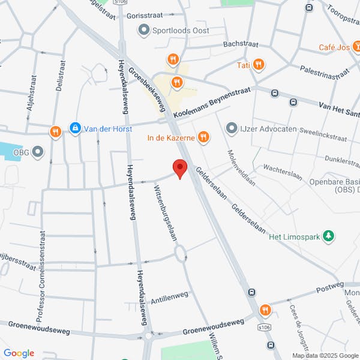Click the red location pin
pyautogui.click(x=179, y=168)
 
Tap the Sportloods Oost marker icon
pyautogui.click(x=143, y=29)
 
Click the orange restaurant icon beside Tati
pyautogui.click(x=259, y=65)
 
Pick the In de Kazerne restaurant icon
pyautogui.click(x=203, y=137)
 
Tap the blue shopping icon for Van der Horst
pyautogui.click(x=75, y=128)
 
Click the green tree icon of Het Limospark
pyautogui.click(x=328, y=236)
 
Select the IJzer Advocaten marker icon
pyautogui.click(x=232, y=128)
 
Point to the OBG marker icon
pyautogui.click(x=38, y=152)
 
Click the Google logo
pyautogui.click(x=19, y=353)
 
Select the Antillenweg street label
pyautogui.click(x=170, y=296)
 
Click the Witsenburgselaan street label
pyautogui.click(x=166, y=212)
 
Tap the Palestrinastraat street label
pyautogui.click(x=324, y=72)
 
